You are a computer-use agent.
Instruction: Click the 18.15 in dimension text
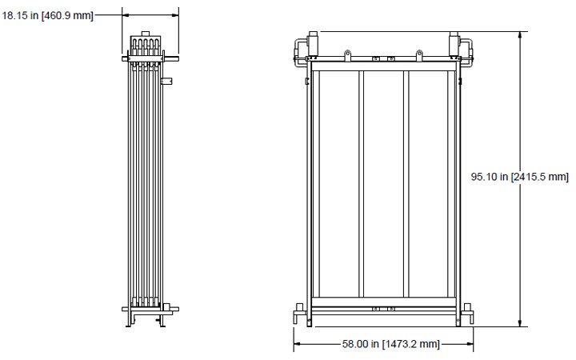[x=47, y=15]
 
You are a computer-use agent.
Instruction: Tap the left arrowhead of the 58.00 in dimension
[x=298, y=344]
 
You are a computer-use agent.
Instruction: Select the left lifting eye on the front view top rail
[x=348, y=54]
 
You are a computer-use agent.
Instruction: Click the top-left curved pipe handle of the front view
[x=301, y=46]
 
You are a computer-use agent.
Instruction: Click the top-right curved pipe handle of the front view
[x=466, y=46]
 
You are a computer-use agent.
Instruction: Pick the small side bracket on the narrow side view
[x=166, y=81]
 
